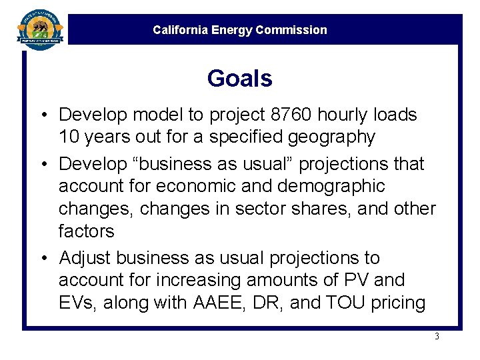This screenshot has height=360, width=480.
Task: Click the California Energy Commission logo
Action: [39, 30]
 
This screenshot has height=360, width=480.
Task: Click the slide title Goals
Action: [239, 79]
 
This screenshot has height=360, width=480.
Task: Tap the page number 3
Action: [437, 336]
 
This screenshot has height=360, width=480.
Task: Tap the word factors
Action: [87, 231]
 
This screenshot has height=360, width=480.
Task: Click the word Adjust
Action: [87, 258]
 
